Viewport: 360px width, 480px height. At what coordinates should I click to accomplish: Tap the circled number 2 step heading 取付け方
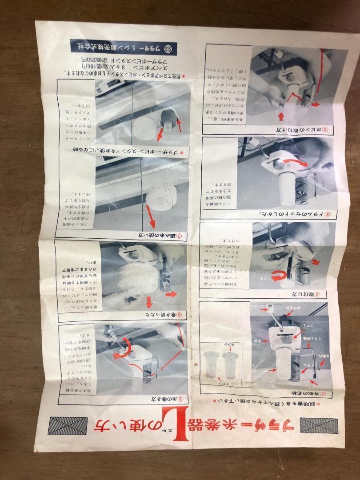tap(311, 294)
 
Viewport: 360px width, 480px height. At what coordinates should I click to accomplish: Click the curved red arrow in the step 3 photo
tap(291, 163)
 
